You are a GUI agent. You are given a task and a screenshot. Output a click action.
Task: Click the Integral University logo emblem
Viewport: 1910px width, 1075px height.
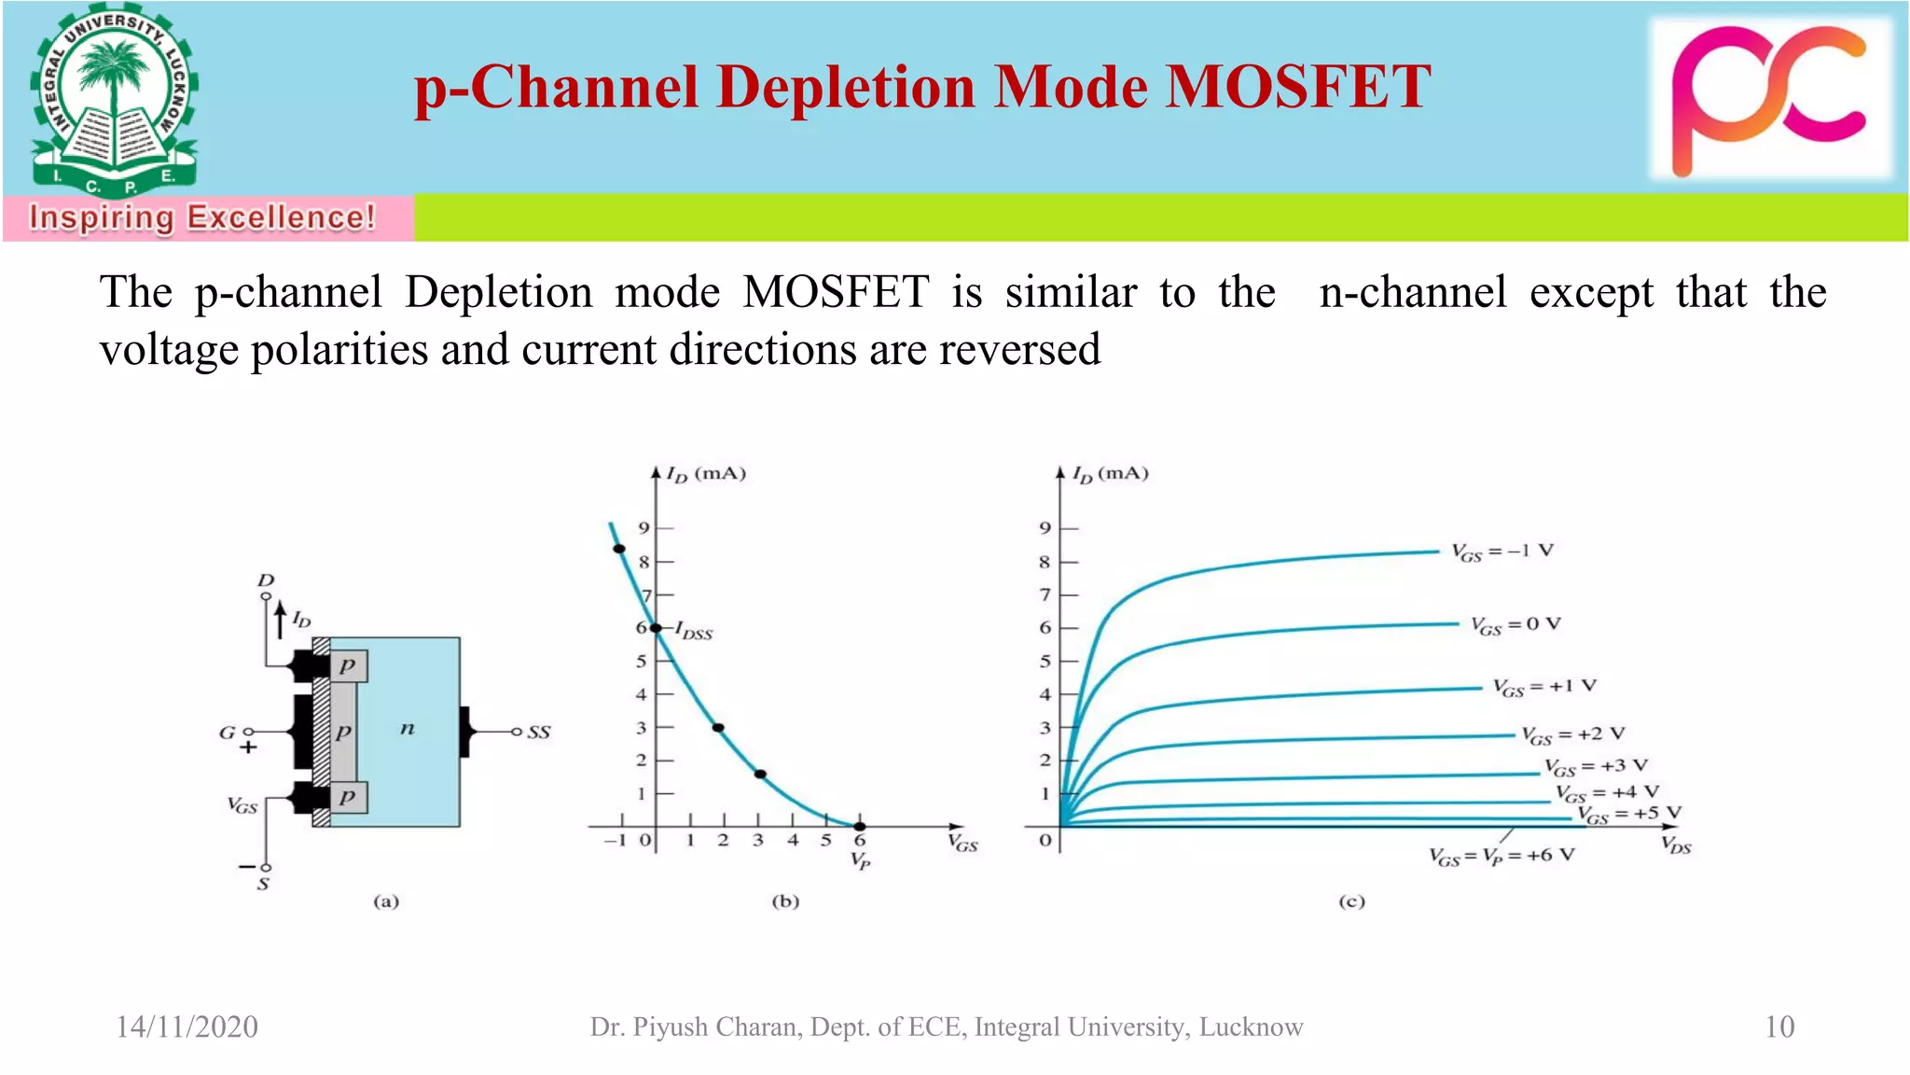tap(114, 101)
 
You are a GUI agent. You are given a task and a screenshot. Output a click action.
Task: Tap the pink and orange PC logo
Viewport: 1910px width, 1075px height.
tap(1768, 99)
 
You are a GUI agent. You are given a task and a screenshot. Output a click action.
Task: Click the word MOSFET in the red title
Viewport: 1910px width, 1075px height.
tap(1298, 88)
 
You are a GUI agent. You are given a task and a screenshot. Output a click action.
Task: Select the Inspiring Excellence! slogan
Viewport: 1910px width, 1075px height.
tap(201, 217)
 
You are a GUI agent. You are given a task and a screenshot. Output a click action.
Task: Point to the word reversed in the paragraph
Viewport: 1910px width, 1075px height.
tap(1019, 350)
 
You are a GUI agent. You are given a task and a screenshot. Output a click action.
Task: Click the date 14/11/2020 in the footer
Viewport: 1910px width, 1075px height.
tap(187, 1026)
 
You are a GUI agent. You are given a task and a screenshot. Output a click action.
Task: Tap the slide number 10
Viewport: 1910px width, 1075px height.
tap(1779, 1026)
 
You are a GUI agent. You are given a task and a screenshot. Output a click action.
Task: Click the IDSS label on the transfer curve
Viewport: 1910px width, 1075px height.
tap(694, 632)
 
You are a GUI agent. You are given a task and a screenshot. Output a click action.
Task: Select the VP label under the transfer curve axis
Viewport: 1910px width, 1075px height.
tap(860, 860)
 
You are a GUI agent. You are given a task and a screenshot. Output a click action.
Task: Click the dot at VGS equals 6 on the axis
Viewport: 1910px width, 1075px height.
tap(860, 827)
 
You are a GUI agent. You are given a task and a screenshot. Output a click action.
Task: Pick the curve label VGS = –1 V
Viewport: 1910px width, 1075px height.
tap(1502, 551)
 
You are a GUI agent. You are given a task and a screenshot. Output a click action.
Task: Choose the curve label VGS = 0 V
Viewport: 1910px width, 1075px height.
tap(1516, 625)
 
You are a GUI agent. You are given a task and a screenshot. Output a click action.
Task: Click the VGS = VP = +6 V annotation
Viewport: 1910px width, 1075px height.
tap(1502, 856)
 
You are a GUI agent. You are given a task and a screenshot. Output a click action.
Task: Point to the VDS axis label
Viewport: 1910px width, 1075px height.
tap(1676, 845)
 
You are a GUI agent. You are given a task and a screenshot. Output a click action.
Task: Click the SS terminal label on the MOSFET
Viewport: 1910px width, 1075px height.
tap(539, 733)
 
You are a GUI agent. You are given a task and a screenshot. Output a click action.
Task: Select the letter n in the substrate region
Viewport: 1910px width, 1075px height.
tap(407, 728)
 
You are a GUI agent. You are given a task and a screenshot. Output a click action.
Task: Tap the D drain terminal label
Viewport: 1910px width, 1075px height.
tap(266, 580)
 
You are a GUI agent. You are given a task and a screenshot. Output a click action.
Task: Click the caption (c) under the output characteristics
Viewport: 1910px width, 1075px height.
tap(1351, 901)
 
